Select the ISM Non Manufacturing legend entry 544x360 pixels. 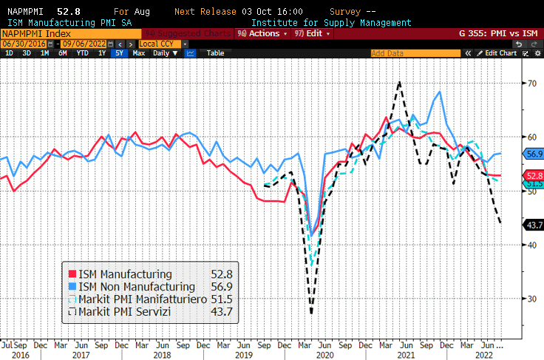coord(131,286)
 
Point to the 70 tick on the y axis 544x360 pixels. coord(530,83)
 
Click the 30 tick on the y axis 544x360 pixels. coord(530,299)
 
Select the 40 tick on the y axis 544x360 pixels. coord(530,245)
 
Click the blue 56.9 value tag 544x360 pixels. coord(534,154)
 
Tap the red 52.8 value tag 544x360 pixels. coord(534,175)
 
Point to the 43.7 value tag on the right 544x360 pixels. coord(534,225)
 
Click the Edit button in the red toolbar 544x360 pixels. coord(311,33)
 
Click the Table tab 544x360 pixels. coord(215,53)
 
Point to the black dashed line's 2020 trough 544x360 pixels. coord(311,313)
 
